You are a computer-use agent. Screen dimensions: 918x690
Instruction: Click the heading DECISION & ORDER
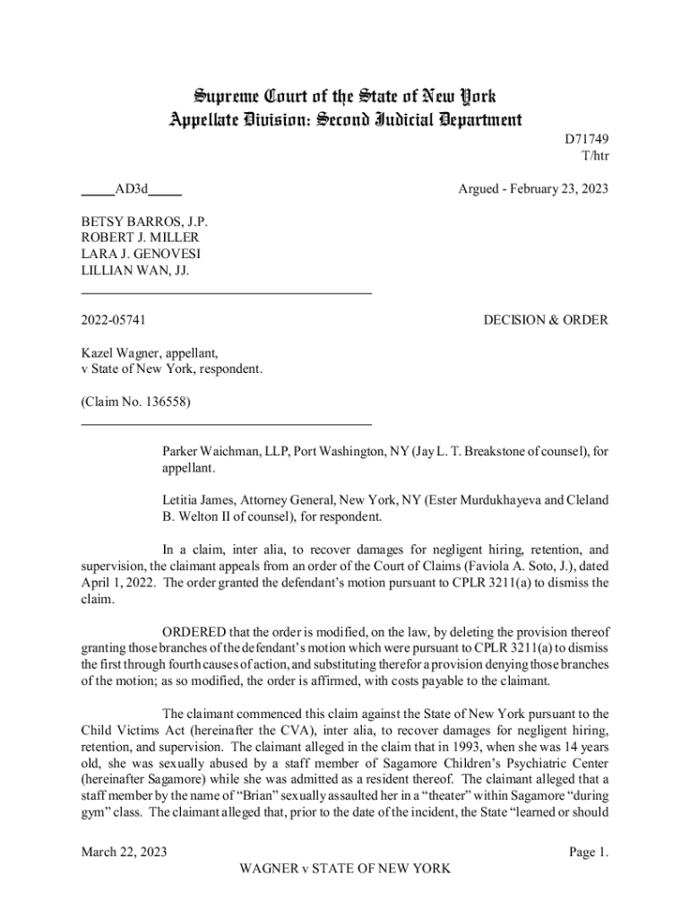coord(546,320)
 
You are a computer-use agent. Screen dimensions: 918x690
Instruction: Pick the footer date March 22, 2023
coord(124,852)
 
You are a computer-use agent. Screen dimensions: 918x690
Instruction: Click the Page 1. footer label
coord(589,852)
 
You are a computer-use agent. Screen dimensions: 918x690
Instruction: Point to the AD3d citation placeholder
coord(132,190)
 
